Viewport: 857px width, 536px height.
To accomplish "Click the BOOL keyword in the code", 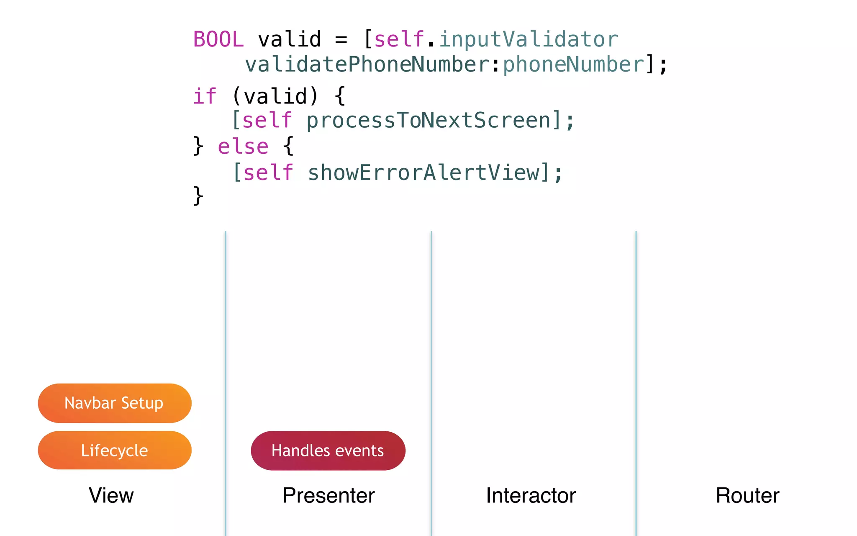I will pyautogui.click(x=218, y=40).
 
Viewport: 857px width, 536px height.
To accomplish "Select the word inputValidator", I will pyautogui.click(x=529, y=40).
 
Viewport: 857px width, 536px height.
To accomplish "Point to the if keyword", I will pyautogui.click(x=204, y=97).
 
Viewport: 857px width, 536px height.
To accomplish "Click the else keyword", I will pyautogui.click(x=243, y=147).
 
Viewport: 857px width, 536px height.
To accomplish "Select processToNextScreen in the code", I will pyautogui.click(x=429, y=121).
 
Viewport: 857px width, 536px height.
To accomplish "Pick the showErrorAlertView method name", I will pyautogui.click(x=424, y=173).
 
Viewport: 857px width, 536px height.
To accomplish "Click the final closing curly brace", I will pyautogui.click(x=198, y=196).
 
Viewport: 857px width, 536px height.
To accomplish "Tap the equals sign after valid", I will pyautogui.click(x=341, y=40).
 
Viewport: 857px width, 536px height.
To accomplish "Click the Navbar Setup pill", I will pyautogui.click(x=114, y=403).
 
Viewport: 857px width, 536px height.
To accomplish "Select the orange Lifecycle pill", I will pyautogui.click(x=114, y=450).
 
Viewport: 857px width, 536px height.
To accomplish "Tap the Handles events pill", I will pyautogui.click(x=328, y=451).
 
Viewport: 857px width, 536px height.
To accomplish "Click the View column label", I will pyautogui.click(x=111, y=495).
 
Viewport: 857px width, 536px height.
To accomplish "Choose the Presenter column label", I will pyautogui.click(x=328, y=495).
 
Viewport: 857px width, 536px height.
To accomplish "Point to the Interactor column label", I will pyautogui.click(x=531, y=495).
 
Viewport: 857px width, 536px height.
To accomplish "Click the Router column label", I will pyautogui.click(x=747, y=495).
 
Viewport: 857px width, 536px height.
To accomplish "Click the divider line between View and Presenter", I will pyautogui.click(x=226, y=335).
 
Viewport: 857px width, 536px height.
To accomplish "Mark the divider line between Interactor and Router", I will pyautogui.click(x=636, y=335).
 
